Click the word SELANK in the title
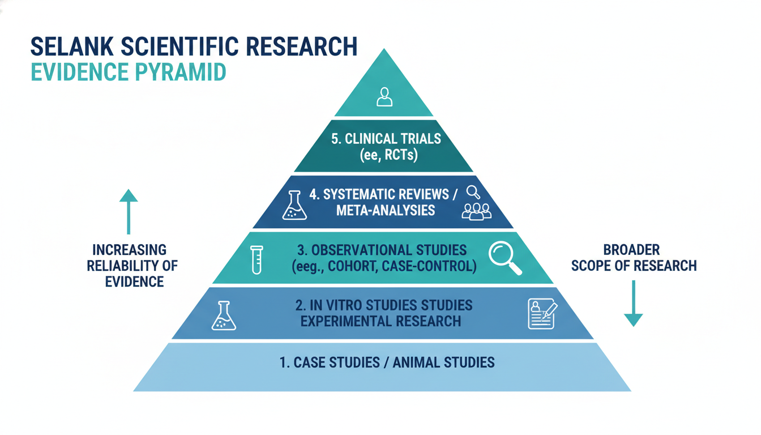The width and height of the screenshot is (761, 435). (72, 46)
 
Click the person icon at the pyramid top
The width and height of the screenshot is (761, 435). (384, 97)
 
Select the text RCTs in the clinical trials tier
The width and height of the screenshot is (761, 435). (401, 155)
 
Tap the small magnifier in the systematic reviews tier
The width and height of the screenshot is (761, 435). (473, 192)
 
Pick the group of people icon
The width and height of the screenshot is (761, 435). (477, 212)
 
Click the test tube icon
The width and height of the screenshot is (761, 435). (256, 259)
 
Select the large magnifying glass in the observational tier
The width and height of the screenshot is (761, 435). (505, 258)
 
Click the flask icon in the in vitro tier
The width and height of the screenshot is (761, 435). (224, 315)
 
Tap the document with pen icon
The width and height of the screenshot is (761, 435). (542, 313)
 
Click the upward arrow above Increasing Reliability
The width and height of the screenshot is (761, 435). (129, 212)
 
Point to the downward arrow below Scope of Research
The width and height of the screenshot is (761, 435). (633, 304)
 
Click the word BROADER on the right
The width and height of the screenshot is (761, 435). (631, 250)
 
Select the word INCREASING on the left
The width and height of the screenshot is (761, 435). (130, 250)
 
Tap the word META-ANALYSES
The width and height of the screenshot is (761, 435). (386, 210)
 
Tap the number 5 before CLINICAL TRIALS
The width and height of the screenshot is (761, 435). (335, 139)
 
